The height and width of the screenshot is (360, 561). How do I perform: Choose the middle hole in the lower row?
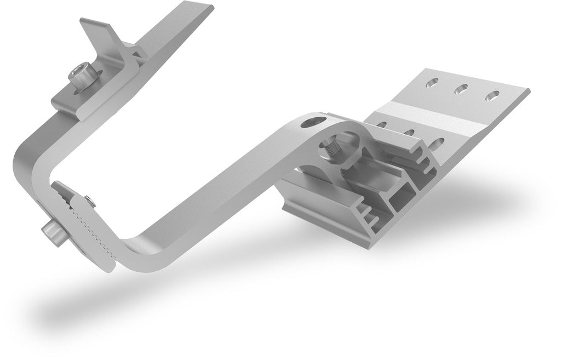[x=409, y=132]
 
